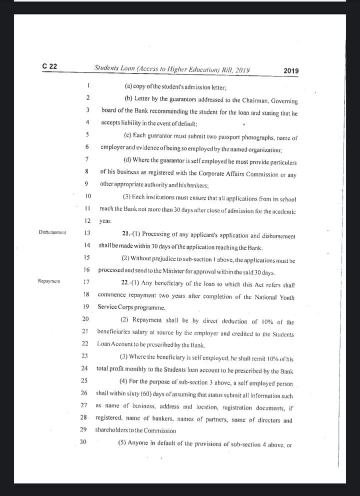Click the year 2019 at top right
291,71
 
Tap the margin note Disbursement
53,232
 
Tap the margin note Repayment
49,281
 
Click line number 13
87,232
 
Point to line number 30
83,442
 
